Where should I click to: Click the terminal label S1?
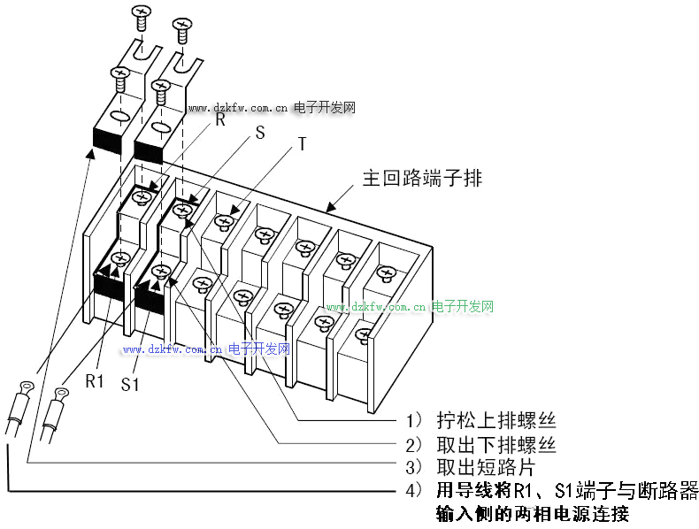pyautogui.click(x=131, y=385)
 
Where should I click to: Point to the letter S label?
pyautogui.click(x=260, y=134)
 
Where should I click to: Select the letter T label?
pyautogui.click(x=302, y=144)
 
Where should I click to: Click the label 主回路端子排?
pyautogui.click(x=422, y=178)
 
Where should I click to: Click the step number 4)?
pyautogui.click(x=414, y=490)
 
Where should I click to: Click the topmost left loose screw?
pyautogui.click(x=140, y=15)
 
